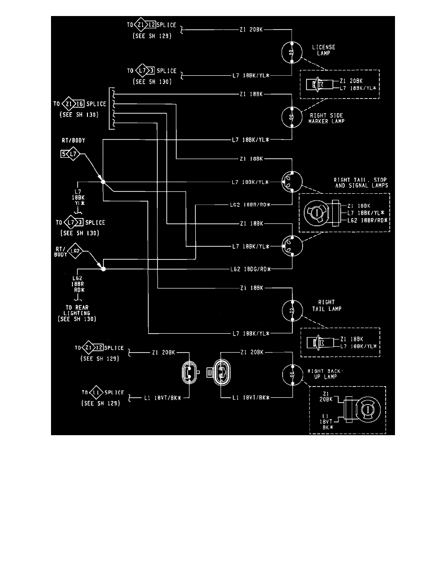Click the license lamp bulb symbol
[x=292, y=52]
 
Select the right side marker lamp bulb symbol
[x=292, y=117]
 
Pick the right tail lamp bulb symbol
[x=292, y=310]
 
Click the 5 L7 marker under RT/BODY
[x=69, y=154]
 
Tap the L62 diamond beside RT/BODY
[x=74, y=251]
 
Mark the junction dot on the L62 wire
[x=103, y=268]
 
